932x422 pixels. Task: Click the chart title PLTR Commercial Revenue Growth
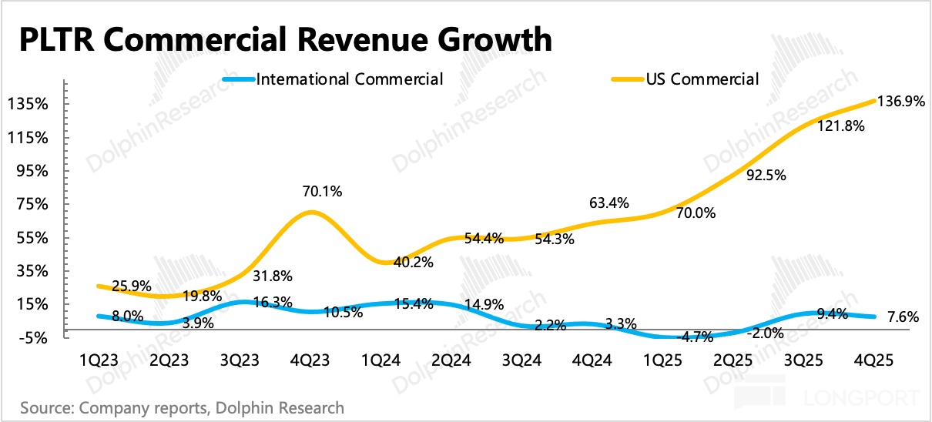[x=285, y=39]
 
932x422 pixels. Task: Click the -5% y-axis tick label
[x=35, y=338]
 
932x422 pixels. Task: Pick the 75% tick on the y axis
[x=35, y=204]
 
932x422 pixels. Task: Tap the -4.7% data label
[x=678, y=336]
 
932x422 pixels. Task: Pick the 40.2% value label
[x=414, y=262]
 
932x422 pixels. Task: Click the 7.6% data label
[x=897, y=316]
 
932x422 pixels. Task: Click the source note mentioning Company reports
[x=182, y=407]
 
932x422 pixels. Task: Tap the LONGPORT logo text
[x=863, y=399]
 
